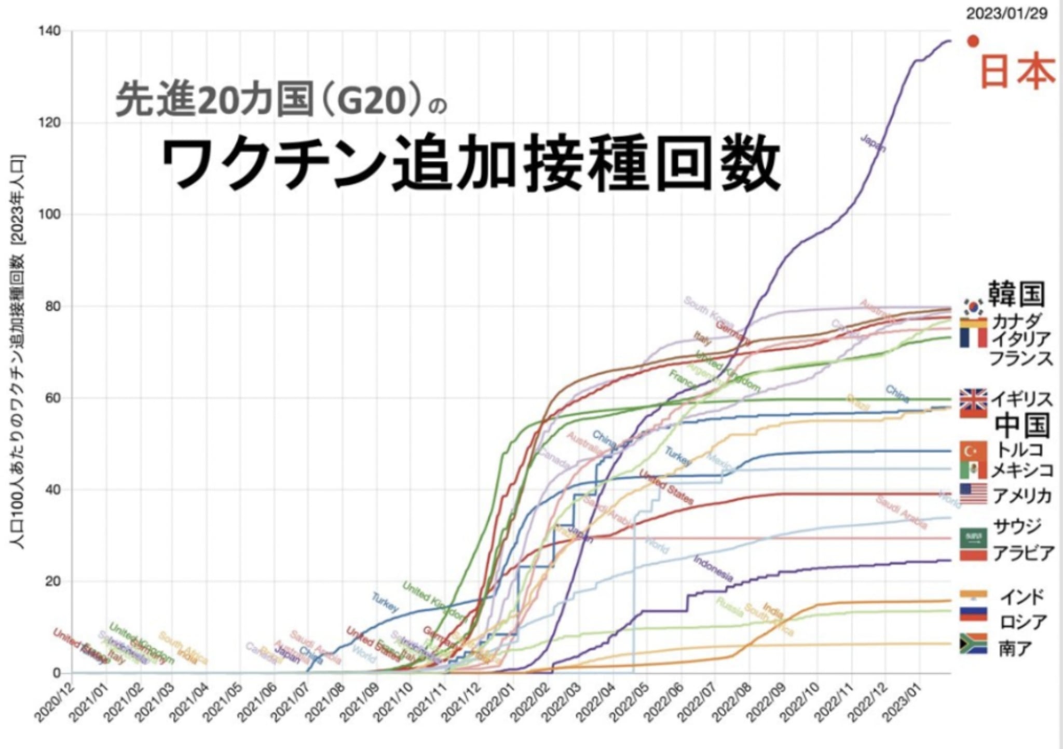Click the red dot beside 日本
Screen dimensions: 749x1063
973,41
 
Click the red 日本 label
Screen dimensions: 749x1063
1017,72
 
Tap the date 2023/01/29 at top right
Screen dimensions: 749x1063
1006,13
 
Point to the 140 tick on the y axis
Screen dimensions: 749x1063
50,31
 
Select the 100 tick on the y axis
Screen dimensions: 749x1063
50,214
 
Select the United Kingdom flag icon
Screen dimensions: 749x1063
973,399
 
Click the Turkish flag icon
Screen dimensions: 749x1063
973,450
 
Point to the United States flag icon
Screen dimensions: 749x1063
973,493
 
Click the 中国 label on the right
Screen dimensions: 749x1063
1022,426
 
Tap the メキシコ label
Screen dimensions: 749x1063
1022,470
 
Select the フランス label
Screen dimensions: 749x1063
1021,358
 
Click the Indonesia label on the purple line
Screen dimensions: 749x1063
713,568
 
